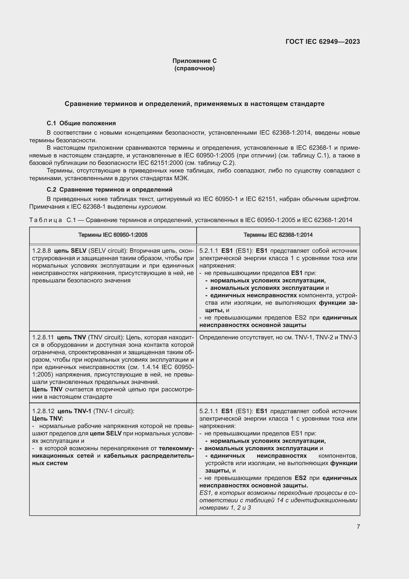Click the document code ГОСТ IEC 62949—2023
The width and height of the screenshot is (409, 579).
323,42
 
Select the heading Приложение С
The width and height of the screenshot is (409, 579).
194,61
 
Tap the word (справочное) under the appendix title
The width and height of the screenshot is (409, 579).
194,68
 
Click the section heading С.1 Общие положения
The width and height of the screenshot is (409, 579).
81,123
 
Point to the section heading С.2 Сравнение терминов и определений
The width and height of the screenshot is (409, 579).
110,189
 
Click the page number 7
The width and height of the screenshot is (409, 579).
358,527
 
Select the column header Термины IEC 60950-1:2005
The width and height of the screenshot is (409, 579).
113,235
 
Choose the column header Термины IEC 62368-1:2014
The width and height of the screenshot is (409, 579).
278,235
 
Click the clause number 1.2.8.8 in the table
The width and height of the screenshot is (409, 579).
42,251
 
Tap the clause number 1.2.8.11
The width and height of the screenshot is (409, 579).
43,337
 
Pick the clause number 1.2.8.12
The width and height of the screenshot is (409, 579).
43,411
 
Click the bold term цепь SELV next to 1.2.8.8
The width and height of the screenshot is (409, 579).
70,251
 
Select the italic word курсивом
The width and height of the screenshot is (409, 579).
152,207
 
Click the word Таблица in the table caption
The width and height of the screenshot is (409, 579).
45,220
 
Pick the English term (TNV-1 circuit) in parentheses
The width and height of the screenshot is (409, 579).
114,411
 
